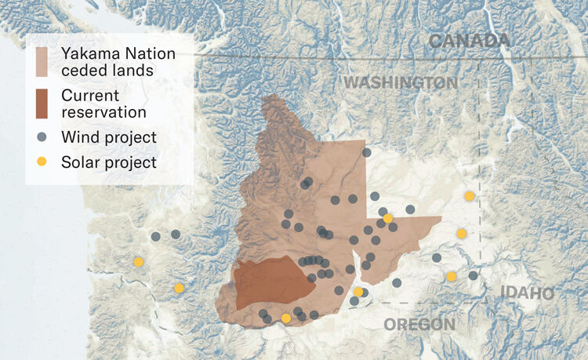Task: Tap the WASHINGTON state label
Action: [401, 82]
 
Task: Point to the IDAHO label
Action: [526, 293]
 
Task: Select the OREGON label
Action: [419, 324]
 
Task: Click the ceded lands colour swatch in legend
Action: [42, 62]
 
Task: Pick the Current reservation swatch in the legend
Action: [42, 104]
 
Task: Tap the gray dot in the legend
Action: [42, 137]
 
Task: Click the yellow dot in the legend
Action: [42, 162]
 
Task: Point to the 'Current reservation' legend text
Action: [101, 104]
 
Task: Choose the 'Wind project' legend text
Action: [109, 137]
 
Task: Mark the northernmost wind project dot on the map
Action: [366, 153]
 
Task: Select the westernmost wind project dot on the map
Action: [156, 236]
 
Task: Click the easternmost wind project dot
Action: [473, 275]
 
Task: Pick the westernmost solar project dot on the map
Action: [139, 262]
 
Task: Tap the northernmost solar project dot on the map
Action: [469, 196]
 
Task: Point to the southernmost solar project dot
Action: [286, 318]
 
